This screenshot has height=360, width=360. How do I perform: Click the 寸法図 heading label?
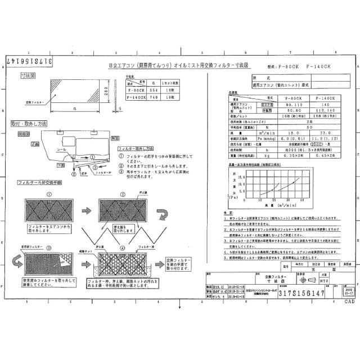pyautogui.click(x=28, y=75)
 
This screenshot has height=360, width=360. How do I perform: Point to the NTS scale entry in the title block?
pyautogui.click(x=324, y=280)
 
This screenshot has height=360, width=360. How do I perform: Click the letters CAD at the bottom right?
pyautogui.click(x=349, y=301)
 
